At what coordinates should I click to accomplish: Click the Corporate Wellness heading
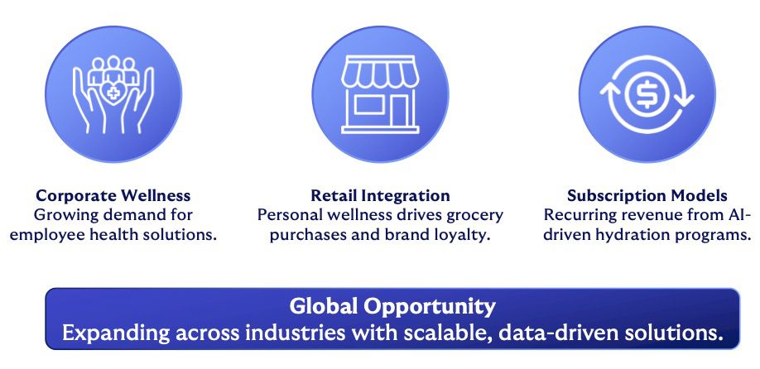(x=113, y=195)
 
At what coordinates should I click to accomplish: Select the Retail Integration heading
(x=380, y=195)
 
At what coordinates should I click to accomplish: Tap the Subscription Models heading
(x=647, y=195)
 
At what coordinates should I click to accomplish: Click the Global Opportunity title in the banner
(x=392, y=306)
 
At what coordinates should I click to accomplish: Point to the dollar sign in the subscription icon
(x=647, y=94)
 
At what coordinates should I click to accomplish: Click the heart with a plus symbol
(x=113, y=93)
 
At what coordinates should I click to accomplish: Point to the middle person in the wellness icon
(x=113, y=69)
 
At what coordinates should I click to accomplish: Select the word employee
(x=41, y=235)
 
